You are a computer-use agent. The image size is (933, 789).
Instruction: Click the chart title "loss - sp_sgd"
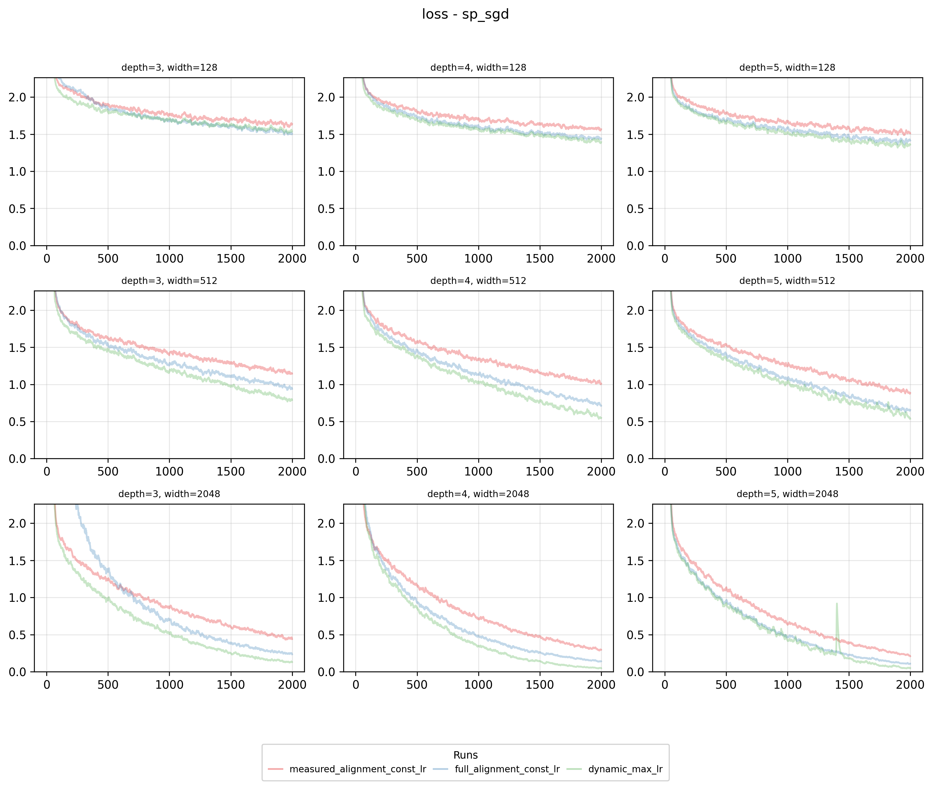(x=465, y=14)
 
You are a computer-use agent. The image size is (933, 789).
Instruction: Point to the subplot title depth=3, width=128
(x=170, y=67)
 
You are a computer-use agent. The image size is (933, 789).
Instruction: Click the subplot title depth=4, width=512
(x=478, y=281)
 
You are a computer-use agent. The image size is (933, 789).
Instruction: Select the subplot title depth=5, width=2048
(x=787, y=494)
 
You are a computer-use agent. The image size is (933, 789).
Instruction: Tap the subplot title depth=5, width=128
(x=787, y=67)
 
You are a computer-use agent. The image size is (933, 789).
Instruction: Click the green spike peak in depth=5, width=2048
(x=836, y=604)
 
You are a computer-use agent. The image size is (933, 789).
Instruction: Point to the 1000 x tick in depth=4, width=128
(x=478, y=258)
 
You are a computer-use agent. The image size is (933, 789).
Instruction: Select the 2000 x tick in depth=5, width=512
(x=910, y=471)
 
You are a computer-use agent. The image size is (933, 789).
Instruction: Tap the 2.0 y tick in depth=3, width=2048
(x=18, y=523)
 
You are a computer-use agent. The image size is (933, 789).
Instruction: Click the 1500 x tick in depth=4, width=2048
(x=540, y=685)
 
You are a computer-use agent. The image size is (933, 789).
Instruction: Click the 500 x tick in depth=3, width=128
(x=108, y=258)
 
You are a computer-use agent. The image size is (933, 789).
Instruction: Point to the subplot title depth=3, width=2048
(x=170, y=494)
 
